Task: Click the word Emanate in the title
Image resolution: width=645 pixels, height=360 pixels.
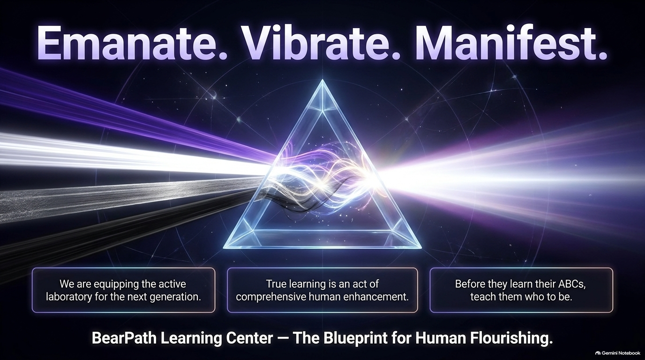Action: pyautogui.click(x=131, y=43)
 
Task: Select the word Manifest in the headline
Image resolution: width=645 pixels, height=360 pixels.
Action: pyautogui.click(x=509, y=43)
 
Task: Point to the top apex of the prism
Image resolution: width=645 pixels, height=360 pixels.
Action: pyautogui.click(x=322, y=80)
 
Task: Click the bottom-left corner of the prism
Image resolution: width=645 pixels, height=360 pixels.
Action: pyautogui.click(x=224, y=248)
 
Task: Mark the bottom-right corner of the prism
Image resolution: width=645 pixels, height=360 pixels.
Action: pyautogui.click(x=421, y=248)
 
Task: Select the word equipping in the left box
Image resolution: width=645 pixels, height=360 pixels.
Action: pyautogui.click(x=117, y=285)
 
